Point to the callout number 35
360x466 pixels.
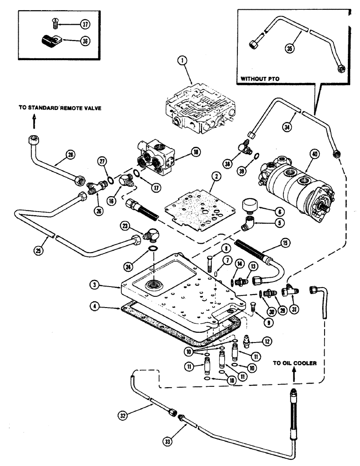(x=291, y=48)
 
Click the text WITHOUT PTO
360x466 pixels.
(x=260, y=79)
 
